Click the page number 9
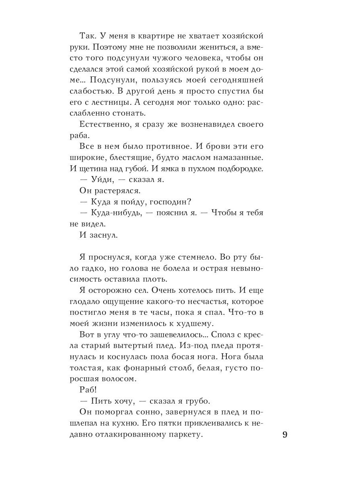(285, 435)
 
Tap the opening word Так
(88, 36)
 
